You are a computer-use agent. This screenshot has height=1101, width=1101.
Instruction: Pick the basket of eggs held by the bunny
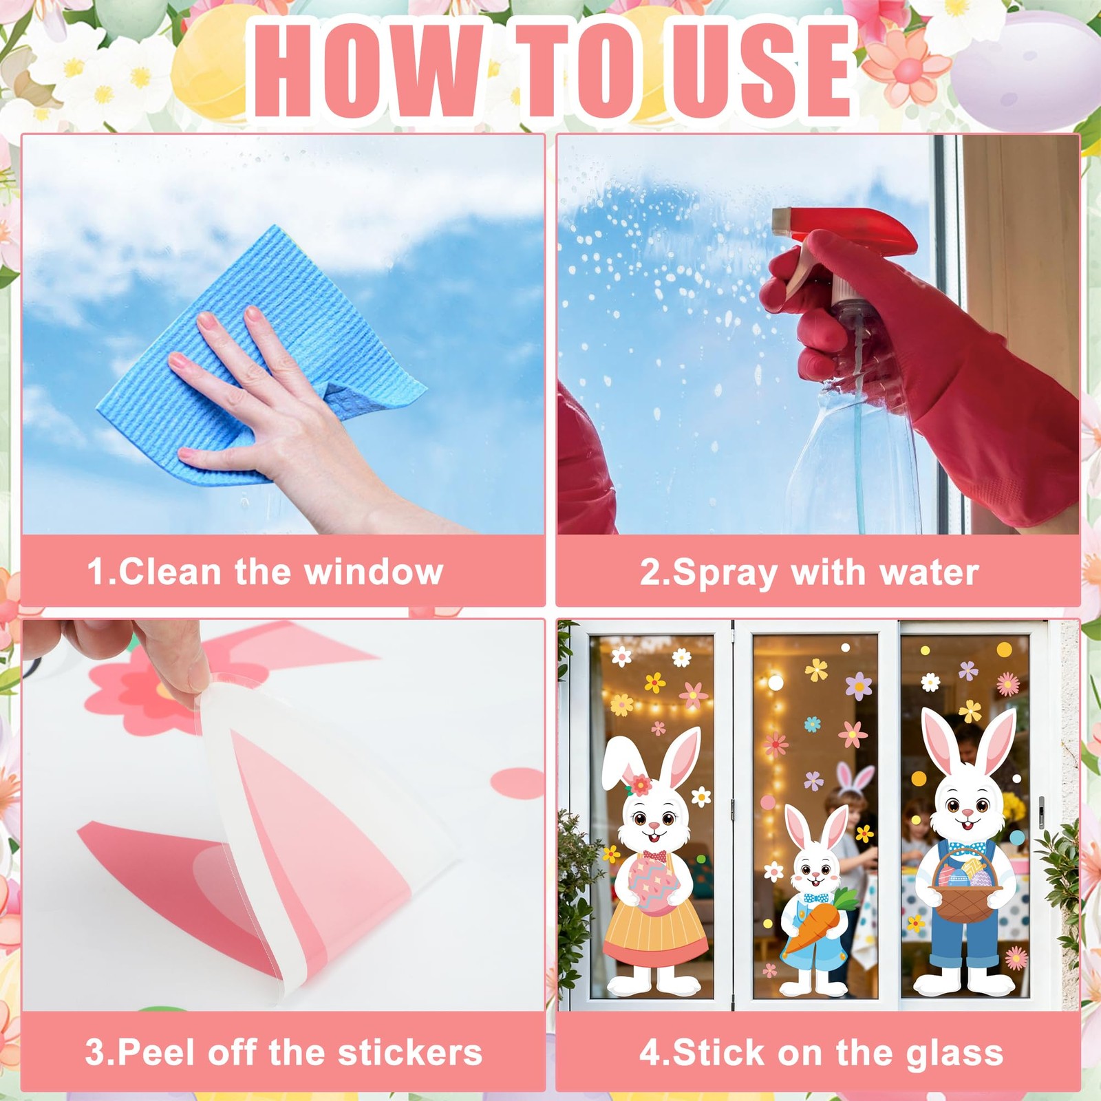[x=967, y=884]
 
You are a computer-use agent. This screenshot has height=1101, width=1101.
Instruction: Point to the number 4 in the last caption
[x=648, y=1053]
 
